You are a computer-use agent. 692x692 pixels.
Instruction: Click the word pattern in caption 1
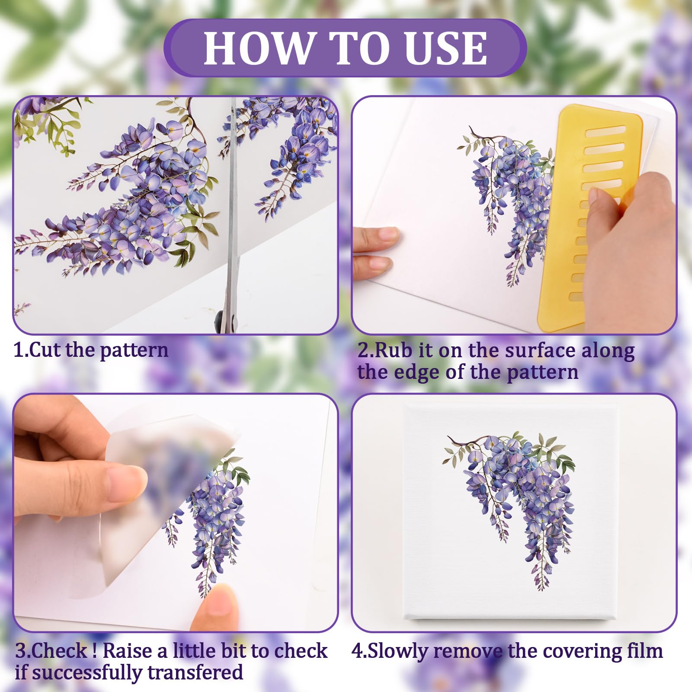[134, 350]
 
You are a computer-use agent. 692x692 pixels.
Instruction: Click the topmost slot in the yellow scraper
[605, 131]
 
